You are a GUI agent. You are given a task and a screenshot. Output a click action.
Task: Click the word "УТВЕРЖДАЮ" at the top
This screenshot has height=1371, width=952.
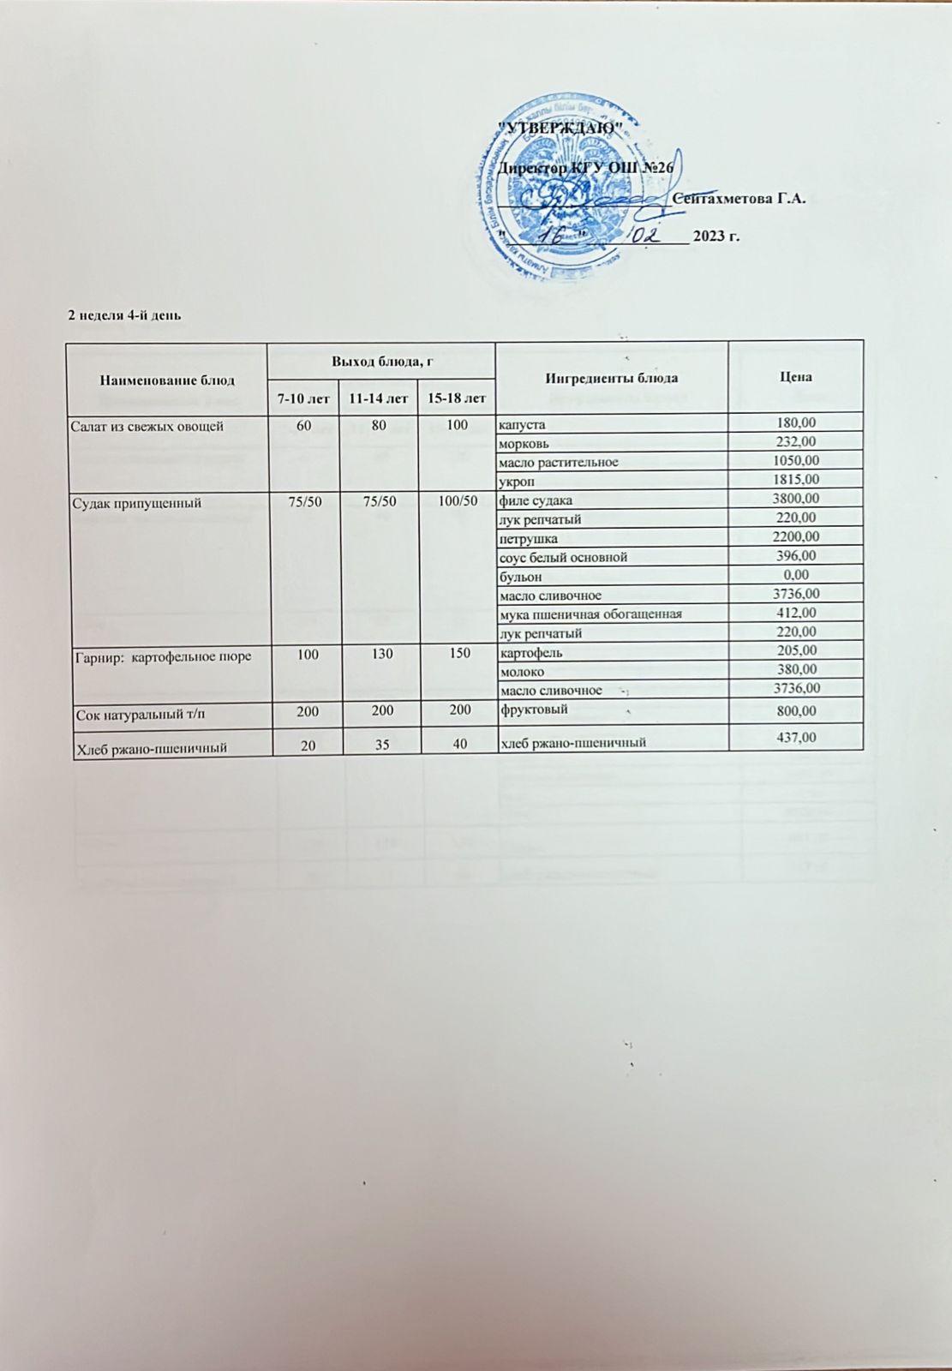pos(560,129)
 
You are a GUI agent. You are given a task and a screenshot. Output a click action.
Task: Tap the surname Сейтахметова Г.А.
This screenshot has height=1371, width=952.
pos(740,199)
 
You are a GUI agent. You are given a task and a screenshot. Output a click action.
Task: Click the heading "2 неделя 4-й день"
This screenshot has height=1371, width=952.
pos(124,314)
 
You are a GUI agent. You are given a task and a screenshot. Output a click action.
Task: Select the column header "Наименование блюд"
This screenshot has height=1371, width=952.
pos(167,379)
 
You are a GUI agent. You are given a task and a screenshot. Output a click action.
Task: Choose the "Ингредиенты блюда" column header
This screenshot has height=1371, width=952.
pos(611,378)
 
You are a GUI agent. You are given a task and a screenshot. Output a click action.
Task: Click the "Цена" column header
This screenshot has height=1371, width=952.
pos(795,377)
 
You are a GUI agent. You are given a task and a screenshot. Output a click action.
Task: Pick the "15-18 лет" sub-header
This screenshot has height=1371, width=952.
pos(458,398)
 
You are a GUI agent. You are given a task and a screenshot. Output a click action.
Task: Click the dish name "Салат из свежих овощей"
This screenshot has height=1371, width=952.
pos(150,425)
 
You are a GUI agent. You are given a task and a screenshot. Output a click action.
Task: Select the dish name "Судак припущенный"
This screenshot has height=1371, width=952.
pos(139,502)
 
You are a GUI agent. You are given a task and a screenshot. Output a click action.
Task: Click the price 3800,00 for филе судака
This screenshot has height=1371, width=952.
pos(795,499)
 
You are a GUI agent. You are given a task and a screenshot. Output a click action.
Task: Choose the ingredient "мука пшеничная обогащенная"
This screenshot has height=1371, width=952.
pos(590,614)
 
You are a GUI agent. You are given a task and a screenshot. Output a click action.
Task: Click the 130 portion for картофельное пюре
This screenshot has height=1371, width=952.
pos(382,654)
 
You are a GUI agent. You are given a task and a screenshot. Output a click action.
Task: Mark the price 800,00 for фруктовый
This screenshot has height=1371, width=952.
pos(795,710)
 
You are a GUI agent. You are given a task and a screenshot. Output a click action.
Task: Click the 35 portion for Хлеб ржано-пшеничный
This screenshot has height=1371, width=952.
pos(382,745)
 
